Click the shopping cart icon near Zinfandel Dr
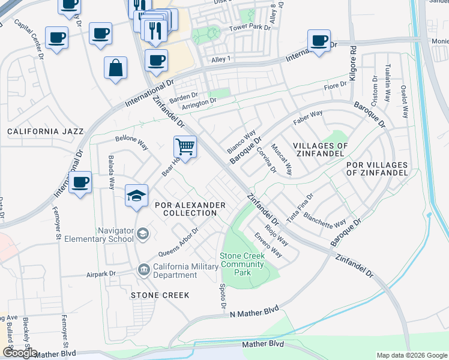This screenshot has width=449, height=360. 185,146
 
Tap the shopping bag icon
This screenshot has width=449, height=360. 115,68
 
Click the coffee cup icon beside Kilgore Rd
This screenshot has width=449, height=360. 319,41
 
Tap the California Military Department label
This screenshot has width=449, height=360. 175,271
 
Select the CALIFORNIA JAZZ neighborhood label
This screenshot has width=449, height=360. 40,131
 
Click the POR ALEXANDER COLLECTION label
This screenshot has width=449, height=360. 190,209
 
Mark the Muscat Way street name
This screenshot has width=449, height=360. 281,159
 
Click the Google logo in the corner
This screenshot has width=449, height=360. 20,353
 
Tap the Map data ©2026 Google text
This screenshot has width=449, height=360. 411,355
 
